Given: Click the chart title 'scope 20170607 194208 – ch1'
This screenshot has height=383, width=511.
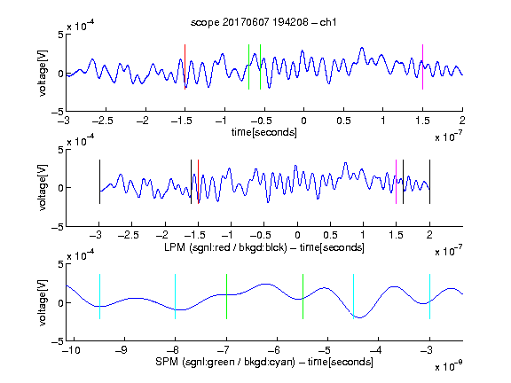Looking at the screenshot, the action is coord(263,22).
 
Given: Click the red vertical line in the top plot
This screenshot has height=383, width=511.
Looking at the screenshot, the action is coord(185,66).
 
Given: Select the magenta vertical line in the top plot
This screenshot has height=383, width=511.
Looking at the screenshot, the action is coord(422,66).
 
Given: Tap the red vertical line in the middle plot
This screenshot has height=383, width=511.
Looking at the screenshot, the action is coord(198,182).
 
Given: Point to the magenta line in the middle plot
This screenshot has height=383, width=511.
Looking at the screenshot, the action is coord(396,182).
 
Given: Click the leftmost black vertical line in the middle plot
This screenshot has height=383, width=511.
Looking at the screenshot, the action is coord(99,182).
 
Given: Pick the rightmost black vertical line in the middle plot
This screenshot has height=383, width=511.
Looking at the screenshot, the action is coord(429,182).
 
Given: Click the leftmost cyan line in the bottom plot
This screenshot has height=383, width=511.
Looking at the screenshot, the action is coord(99,296).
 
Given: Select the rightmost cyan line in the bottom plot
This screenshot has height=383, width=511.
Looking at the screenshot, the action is coord(429,296).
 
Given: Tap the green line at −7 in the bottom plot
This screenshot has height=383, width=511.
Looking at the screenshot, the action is coord(226,296).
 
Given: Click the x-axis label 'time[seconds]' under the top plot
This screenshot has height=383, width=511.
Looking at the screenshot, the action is coord(264,132).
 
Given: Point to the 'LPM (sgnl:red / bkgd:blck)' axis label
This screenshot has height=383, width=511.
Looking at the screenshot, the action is coord(225,247).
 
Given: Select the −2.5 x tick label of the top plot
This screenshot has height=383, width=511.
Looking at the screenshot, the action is coord(103,121).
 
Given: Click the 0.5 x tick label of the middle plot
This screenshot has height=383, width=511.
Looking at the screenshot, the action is coord(330,235).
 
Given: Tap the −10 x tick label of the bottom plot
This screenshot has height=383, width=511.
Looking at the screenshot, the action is coord(71,350).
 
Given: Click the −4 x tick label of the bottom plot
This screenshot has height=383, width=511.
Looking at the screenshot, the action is coord(376,350).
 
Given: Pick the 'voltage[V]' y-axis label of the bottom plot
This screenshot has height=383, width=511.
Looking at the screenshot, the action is coord(43,302).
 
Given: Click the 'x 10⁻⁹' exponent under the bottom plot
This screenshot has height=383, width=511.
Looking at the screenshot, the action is coord(449,366).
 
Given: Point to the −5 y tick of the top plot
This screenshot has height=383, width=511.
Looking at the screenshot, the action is coord(57,112).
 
